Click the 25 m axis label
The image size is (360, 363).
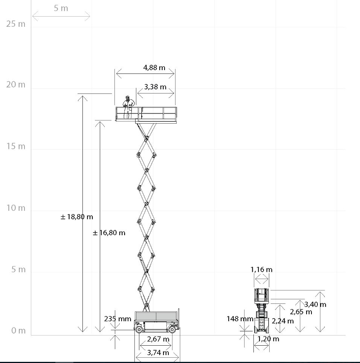(16, 24)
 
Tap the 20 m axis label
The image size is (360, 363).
(16, 85)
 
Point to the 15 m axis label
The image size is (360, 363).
(16, 146)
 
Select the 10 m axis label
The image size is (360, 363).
(16, 208)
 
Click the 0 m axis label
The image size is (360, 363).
(16, 331)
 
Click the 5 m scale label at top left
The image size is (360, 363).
(61, 8)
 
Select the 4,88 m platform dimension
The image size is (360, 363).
(154, 68)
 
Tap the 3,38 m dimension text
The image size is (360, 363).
(155, 87)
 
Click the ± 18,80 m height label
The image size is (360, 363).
(77, 217)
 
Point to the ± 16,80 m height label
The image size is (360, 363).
(109, 233)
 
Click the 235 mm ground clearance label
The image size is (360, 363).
(117, 319)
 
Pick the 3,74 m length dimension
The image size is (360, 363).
(158, 353)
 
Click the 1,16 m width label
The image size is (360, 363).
(261, 270)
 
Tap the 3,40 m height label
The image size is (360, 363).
(315, 304)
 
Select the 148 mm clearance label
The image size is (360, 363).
(240, 319)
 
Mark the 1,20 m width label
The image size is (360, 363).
(268, 339)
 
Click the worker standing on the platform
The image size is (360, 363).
(128, 106)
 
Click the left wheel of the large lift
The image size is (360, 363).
(139, 329)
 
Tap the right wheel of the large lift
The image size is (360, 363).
(172, 329)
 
